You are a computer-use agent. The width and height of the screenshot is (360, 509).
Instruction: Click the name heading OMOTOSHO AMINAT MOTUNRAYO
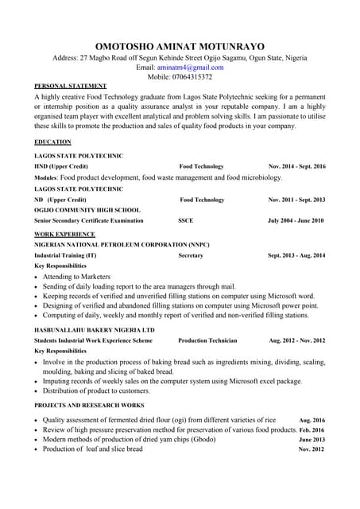pos(180,46)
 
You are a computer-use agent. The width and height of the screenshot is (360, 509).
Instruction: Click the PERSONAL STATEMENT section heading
pos(71,86)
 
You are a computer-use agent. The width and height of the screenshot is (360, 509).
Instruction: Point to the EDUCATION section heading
pos(52,142)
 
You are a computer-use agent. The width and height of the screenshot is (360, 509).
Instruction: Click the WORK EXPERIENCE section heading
pos(65,235)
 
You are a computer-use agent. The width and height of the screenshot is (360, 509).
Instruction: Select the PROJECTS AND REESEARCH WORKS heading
pos(88,406)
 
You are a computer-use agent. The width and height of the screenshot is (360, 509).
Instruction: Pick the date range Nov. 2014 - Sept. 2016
pos(297,167)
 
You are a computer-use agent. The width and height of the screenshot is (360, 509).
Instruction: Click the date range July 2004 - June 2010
pos(296,220)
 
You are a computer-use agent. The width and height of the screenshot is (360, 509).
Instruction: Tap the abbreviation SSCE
pos(186,220)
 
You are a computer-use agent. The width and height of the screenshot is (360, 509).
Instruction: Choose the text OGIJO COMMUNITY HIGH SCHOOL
pos(87,210)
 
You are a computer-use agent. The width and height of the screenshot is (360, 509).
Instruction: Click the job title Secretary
pos(191,256)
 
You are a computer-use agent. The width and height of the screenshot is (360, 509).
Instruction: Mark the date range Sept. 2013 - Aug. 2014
pos(296,256)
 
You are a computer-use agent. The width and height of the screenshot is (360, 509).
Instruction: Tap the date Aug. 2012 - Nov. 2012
pos(297,340)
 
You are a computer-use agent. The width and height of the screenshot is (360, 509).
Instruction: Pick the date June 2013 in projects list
pos(312,440)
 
